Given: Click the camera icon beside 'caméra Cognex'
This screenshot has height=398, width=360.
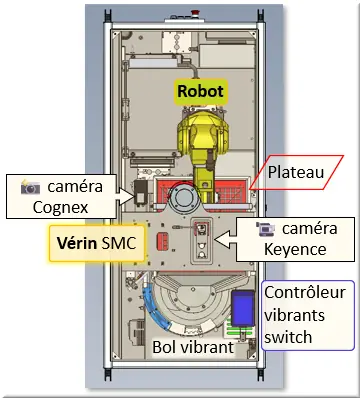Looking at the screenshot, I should [30, 187].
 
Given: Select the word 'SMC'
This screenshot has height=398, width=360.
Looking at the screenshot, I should [128, 243].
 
